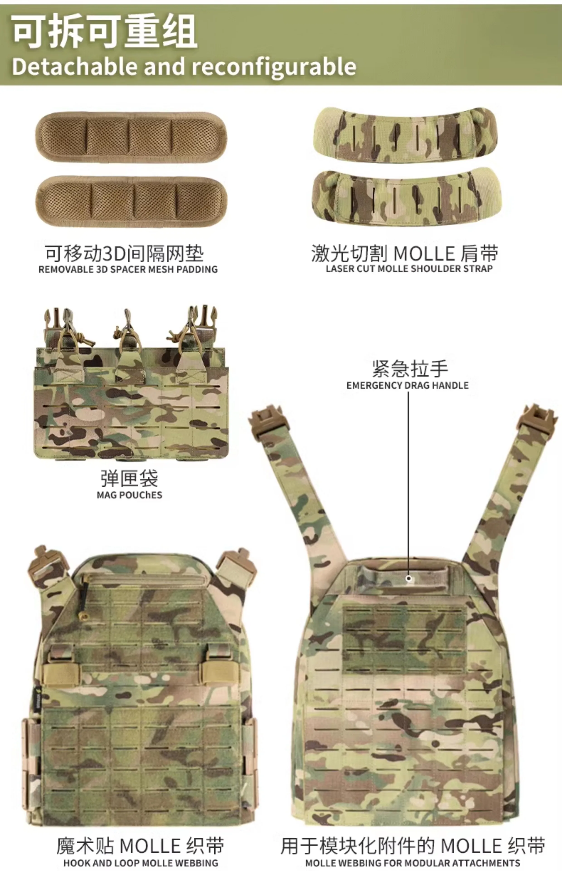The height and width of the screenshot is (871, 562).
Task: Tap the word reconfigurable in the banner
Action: point(274,67)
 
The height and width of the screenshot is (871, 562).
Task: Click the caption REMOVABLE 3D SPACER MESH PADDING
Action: point(128,269)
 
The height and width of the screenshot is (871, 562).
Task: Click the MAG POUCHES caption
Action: point(130,495)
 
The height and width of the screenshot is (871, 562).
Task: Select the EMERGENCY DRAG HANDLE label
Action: point(408,385)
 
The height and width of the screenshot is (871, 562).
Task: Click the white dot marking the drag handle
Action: point(409,578)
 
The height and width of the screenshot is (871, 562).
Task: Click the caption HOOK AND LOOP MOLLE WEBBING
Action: point(140,863)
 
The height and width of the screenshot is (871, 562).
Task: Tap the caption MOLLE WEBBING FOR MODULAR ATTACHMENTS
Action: point(413,863)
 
